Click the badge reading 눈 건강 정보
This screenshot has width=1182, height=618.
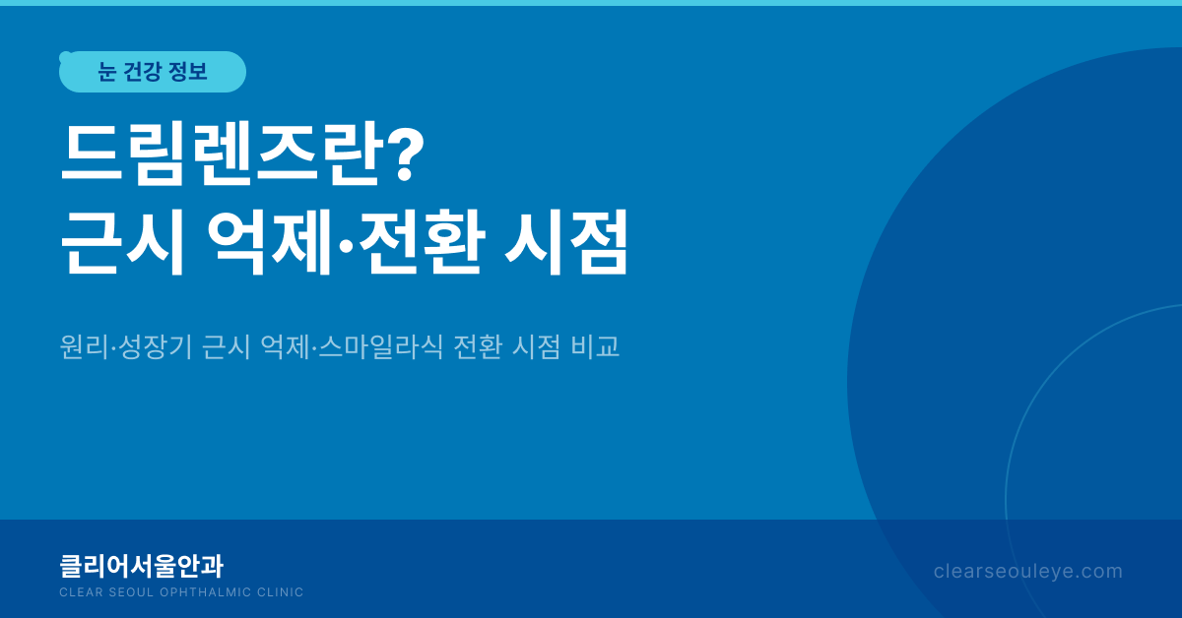(153, 72)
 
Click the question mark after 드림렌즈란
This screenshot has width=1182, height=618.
(405, 153)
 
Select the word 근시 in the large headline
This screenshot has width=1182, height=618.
(123, 242)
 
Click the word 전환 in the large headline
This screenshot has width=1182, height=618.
(422, 242)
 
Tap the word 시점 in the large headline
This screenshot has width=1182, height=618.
(566, 242)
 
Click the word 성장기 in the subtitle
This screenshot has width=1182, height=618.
(156, 346)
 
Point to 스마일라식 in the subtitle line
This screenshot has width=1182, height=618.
(380, 346)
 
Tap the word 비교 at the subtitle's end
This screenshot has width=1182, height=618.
(595, 346)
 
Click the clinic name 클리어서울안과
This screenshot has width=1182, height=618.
(142, 566)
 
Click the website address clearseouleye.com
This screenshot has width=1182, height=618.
(1028, 572)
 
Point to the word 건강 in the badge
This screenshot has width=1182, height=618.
(142, 72)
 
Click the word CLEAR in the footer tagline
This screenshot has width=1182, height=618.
(81, 592)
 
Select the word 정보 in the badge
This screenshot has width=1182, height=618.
(188, 72)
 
